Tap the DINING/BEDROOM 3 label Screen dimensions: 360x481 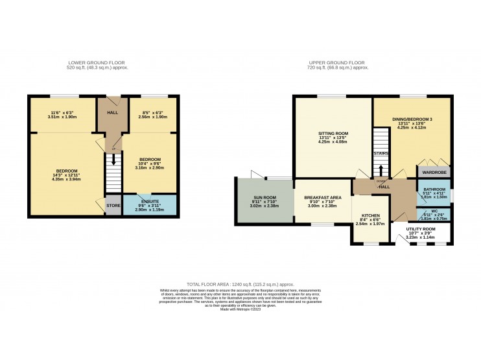pos(412,119)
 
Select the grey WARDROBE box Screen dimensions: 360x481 pos(433,173)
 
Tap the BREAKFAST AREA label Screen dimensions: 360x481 pos(322,198)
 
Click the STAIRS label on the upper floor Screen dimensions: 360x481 pos(381,154)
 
